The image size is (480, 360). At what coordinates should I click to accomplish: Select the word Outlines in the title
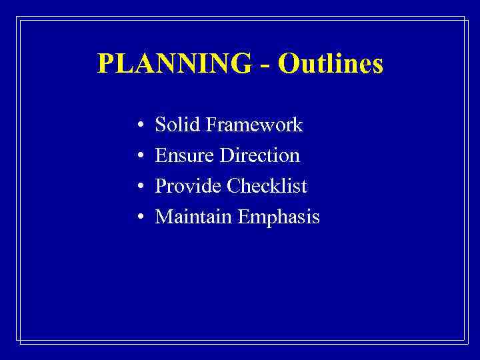(x=331, y=64)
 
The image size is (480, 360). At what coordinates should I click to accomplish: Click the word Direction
(x=260, y=155)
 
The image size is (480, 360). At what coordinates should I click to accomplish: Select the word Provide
(x=188, y=186)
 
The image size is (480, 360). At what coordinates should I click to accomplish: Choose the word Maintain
(x=190, y=217)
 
